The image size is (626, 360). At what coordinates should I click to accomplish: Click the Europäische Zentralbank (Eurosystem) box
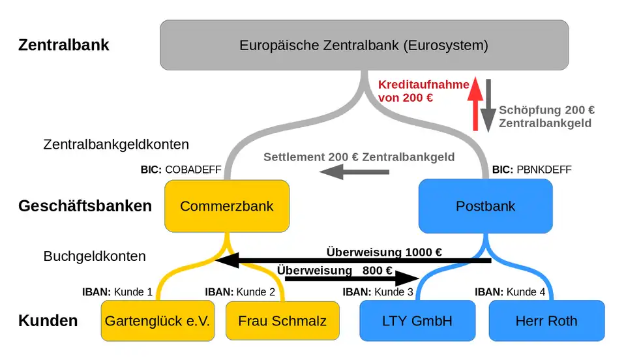tap(364, 45)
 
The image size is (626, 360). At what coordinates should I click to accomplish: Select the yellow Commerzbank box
tap(226, 206)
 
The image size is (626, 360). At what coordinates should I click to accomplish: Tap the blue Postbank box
tap(485, 206)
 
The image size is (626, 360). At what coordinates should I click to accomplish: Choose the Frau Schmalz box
tap(282, 320)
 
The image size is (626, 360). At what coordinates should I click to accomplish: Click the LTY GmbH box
tap(417, 320)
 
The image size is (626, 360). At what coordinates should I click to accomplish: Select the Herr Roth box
tap(546, 320)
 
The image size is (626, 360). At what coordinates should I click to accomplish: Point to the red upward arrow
tap(475, 103)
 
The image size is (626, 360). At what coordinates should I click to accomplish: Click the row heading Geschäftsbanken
tap(85, 206)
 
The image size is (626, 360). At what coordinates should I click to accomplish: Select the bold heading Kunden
tap(48, 320)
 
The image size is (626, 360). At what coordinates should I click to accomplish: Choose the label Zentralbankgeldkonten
tap(116, 144)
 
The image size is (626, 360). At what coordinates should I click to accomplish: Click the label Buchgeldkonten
tap(95, 256)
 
